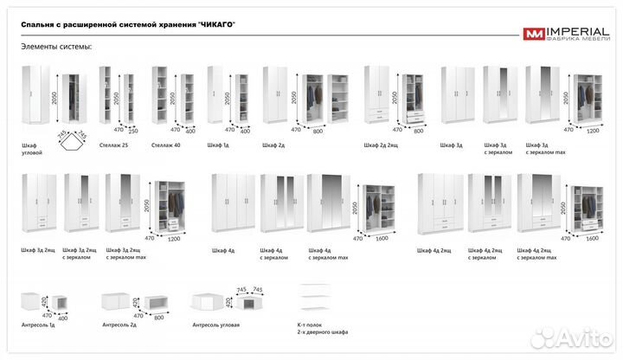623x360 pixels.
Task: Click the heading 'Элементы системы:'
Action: tap(56, 47)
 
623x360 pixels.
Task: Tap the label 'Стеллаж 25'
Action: tap(113, 145)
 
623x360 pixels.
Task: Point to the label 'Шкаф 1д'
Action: tap(218, 145)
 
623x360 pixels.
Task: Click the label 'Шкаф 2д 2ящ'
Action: tap(382, 145)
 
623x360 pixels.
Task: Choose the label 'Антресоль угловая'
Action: tap(215, 325)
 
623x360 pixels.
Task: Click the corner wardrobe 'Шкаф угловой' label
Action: tap(33, 149)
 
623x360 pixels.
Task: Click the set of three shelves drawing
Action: tap(317, 299)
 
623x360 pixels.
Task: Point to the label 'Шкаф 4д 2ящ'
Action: tap(434, 251)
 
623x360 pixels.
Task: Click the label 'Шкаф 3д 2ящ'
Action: tap(38, 251)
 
